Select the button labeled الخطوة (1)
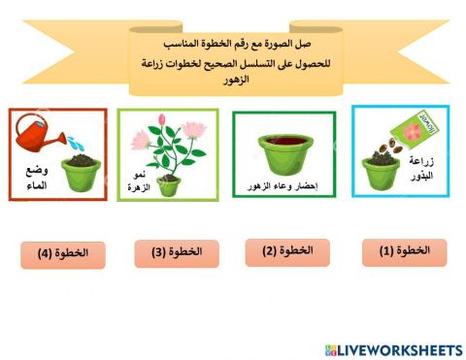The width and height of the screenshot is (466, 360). pyautogui.click(x=404, y=251)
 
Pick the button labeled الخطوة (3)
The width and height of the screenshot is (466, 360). pyautogui.click(x=175, y=253)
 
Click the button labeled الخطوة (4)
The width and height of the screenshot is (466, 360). pyautogui.click(x=62, y=254)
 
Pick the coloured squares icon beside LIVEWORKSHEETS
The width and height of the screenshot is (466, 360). pyautogui.click(x=331, y=348)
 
